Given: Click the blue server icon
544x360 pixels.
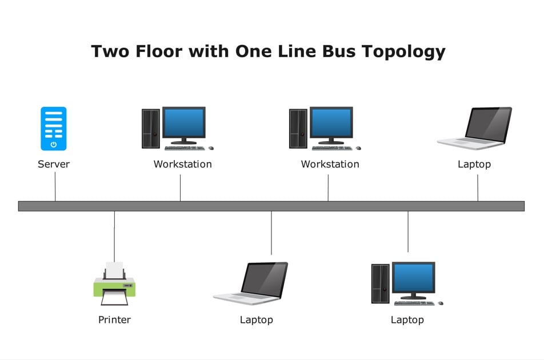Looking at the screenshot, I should [x=54, y=129].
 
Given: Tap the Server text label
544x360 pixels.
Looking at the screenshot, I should [x=54, y=165].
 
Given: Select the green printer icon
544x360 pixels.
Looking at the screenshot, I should [x=114, y=284].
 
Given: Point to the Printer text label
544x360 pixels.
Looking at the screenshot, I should [x=114, y=320].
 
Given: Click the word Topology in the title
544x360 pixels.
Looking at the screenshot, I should [x=399, y=52].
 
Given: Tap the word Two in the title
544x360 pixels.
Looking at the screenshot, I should [x=111, y=51].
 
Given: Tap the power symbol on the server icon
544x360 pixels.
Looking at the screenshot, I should [x=54, y=145].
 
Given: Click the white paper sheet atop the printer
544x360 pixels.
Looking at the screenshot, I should [x=114, y=269].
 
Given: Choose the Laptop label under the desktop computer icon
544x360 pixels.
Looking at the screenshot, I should [x=407, y=320].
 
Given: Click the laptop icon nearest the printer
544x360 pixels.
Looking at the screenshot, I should [x=251, y=282].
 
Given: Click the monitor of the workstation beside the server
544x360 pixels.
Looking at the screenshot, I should [x=183, y=123].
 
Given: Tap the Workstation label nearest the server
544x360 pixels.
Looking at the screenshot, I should [x=182, y=165].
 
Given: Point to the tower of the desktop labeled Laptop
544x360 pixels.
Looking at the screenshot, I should [x=380, y=283].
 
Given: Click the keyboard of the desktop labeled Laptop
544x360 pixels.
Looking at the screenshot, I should [x=414, y=303].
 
